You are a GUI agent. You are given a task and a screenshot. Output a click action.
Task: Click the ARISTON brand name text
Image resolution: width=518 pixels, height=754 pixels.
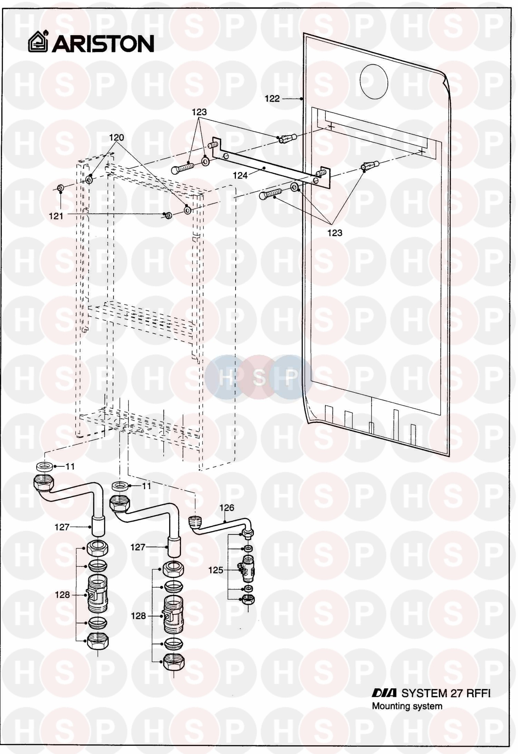click(x=103, y=44)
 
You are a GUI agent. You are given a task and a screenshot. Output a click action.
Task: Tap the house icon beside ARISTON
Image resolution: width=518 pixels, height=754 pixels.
click(x=38, y=42)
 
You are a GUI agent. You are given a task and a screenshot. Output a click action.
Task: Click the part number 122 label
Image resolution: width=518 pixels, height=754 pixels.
click(x=272, y=99)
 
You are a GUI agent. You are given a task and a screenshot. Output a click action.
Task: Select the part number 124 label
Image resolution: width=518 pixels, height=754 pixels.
click(x=240, y=176)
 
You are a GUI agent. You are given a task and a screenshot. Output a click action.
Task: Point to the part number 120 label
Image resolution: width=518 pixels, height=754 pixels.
click(x=116, y=138)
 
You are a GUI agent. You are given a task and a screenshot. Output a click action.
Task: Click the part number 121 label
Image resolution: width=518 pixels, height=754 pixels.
click(x=56, y=216)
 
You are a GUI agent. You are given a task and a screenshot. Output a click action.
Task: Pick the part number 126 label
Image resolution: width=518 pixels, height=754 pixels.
click(x=227, y=508)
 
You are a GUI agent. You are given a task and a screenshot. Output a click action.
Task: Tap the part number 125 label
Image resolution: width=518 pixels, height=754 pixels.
click(x=216, y=570)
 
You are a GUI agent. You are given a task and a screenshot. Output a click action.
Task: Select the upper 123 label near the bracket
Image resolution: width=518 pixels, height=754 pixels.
click(x=199, y=112)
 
